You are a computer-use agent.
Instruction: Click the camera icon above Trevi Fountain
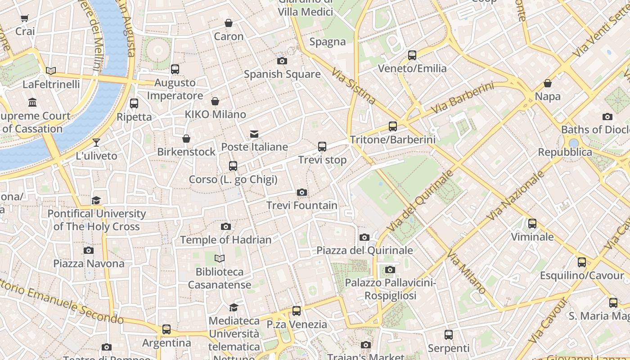(302, 193)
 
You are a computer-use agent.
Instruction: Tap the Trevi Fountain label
(302, 206)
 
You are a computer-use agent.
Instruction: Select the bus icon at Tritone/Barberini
(393, 126)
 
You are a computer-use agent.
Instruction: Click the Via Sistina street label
(353, 86)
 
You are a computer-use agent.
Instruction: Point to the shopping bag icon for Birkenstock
(186, 139)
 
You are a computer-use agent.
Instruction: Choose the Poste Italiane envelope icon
(254, 134)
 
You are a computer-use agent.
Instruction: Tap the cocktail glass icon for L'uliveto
(96, 143)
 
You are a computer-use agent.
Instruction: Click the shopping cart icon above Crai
(25, 18)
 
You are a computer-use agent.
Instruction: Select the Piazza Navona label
(89, 263)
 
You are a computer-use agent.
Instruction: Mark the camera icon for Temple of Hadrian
(226, 227)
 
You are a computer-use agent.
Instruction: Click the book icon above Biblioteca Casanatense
(220, 258)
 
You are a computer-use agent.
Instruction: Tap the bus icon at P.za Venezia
(297, 311)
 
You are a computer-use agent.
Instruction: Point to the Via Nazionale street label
(516, 195)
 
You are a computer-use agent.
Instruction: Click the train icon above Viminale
(532, 224)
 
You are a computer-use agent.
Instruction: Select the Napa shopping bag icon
(548, 84)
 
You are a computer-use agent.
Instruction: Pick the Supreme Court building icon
(32, 103)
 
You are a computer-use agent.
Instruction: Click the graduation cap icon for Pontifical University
(96, 200)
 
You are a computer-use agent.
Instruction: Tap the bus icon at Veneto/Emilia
(412, 55)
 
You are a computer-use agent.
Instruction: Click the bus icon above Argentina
(166, 329)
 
